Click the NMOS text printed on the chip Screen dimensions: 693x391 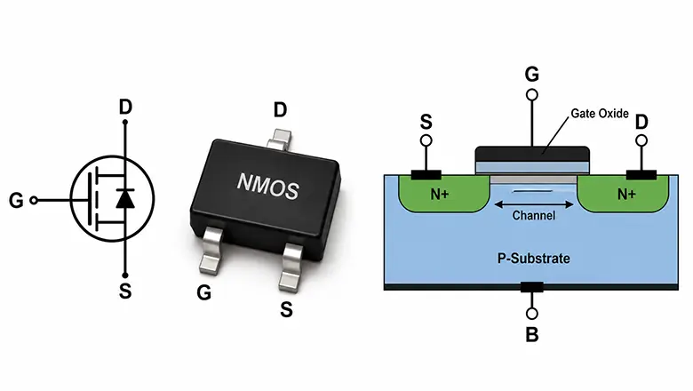click(x=268, y=186)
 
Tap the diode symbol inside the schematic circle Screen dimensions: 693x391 click(x=125, y=198)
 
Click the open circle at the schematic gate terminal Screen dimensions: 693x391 click(x=33, y=201)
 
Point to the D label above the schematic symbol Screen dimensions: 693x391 click(x=125, y=107)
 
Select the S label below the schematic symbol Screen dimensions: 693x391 click(x=125, y=291)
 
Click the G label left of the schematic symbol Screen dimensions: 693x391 click(x=16, y=201)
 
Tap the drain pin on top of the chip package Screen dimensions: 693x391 click(x=279, y=139)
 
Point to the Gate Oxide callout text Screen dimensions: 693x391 click(x=600, y=114)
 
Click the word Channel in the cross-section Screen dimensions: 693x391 click(x=533, y=216)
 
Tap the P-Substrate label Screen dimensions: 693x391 click(x=533, y=258)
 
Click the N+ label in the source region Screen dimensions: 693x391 click(x=439, y=194)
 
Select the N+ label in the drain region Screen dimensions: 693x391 click(x=626, y=194)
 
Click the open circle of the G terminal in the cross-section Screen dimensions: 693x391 click(x=532, y=95)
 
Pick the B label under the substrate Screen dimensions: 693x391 click(x=532, y=334)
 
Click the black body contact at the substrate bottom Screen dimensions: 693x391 click(x=531, y=287)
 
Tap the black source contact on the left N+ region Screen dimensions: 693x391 click(x=426, y=175)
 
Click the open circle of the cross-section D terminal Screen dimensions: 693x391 click(x=641, y=141)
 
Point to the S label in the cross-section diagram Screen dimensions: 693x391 click(x=426, y=122)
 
